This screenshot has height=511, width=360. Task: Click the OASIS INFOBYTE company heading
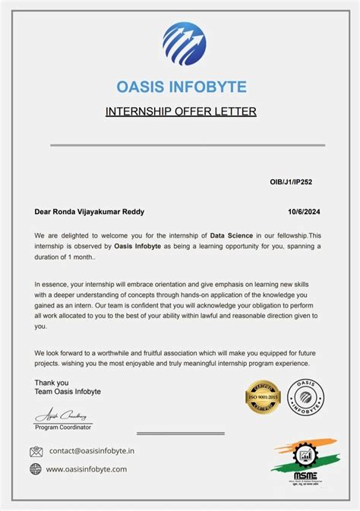pyautogui.click(x=181, y=87)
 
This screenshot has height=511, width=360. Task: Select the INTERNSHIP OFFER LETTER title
pyautogui.click(x=180, y=112)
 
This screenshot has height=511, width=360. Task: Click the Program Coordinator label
pyautogui.click(x=64, y=427)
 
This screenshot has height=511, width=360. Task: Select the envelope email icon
pyautogui.click(x=36, y=451)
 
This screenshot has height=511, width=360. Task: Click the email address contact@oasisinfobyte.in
pyautogui.click(x=92, y=451)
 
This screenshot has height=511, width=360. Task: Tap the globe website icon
pyautogui.click(x=36, y=469)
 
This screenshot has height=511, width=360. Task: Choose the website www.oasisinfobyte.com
pyautogui.click(x=87, y=469)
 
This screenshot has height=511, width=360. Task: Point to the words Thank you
pyautogui.click(x=52, y=383)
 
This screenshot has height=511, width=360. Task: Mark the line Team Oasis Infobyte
pyautogui.click(x=68, y=392)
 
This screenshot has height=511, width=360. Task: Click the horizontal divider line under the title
pyautogui.click(x=188, y=145)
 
